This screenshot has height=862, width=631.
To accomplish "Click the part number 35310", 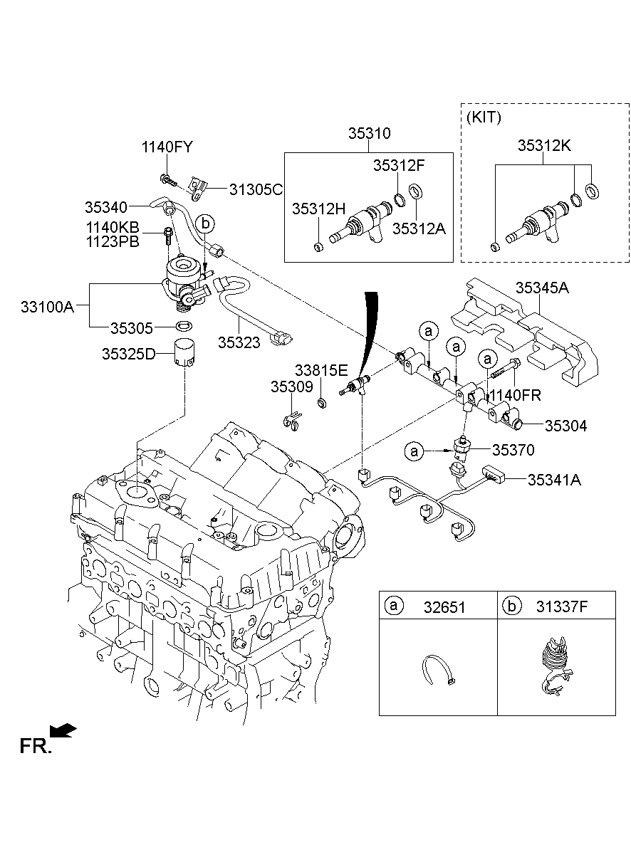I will tap(369, 133).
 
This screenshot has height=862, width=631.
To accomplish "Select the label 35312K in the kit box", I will tap(543, 146).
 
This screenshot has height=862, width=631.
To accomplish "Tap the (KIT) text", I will tap(484, 117).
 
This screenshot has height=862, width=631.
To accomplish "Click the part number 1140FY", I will tap(167, 147).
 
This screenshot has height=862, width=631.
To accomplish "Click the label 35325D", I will tap(127, 353).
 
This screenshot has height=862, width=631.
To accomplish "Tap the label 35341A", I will tap(553, 480).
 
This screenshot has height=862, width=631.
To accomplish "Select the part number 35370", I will tap(513, 450).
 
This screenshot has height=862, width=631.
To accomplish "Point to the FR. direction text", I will tap(35, 746).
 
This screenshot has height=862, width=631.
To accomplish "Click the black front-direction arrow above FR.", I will tap(63, 729).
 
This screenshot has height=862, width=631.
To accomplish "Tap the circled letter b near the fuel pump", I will tap(205, 223).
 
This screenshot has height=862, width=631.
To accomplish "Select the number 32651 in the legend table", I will tap(445, 606).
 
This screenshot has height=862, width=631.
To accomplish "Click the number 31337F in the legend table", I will tap(563, 606).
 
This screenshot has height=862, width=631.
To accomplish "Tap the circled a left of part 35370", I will tap(413, 451).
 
